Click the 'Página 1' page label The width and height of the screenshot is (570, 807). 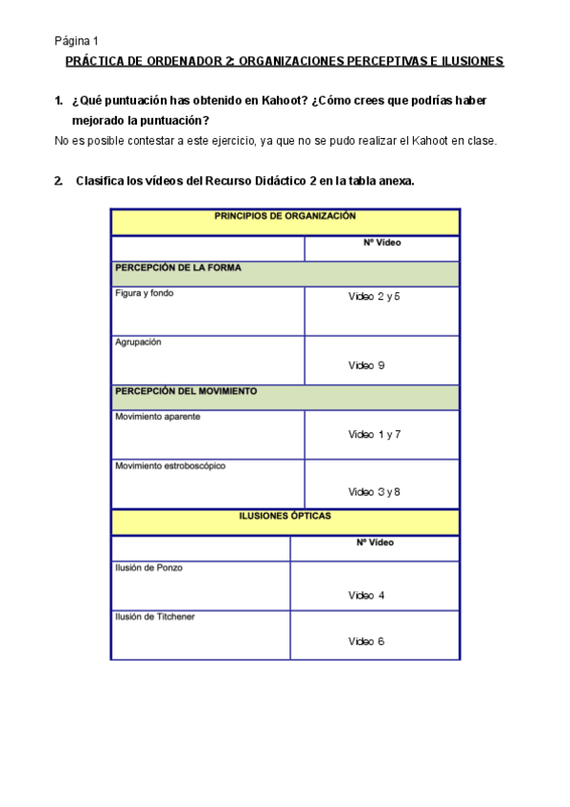pyautogui.click(x=76, y=41)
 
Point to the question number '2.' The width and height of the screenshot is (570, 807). pyautogui.click(x=60, y=181)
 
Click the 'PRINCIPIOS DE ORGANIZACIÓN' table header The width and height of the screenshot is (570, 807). pyautogui.click(x=285, y=217)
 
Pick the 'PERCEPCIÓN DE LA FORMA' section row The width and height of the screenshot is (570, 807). pyautogui.click(x=178, y=268)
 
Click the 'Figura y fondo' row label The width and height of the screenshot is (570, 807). pyautogui.click(x=145, y=293)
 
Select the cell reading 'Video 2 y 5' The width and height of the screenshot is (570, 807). pyautogui.click(x=374, y=297)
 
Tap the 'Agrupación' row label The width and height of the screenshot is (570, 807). pyautogui.click(x=138, y=343)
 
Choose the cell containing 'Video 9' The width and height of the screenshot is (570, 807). pyautogui.click(x=366, y=365)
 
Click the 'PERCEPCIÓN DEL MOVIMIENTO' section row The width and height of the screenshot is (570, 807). pyautogui.click(x=186, y=391)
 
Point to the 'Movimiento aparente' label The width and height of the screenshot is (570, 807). pyautogui.click(x=158, y=417)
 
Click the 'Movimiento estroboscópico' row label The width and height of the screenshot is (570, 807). pyautogui.click(x=170, y=466)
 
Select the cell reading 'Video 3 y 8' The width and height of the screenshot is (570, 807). pyautogui.click(x=374, y=492)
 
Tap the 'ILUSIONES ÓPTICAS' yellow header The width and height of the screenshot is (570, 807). pyautogui.click(x=285, y=517)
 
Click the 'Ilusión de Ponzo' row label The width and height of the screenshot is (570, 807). pyautogui.click(x=149, y=568)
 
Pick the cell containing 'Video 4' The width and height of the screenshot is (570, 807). pyautogui.click(x=366, y=596)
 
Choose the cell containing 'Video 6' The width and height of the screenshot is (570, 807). pyautogui.click(x=366, y=641)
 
